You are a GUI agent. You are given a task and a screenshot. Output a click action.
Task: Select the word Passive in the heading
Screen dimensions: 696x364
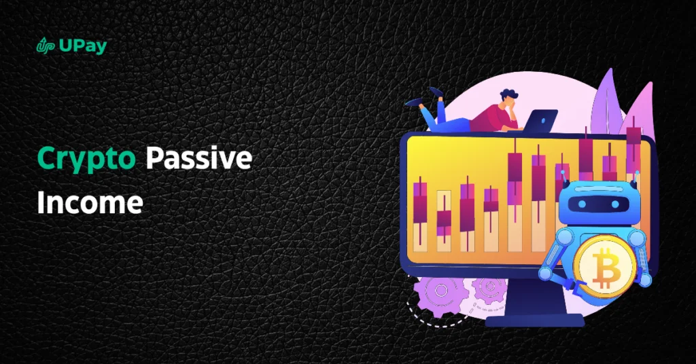click(199, 158)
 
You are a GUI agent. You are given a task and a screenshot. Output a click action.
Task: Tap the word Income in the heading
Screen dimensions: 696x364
click(90, 202)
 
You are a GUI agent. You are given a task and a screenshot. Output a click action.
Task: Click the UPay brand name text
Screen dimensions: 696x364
click(82, 46)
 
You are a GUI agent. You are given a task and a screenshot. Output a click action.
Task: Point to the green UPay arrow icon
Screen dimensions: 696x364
click(46, 45)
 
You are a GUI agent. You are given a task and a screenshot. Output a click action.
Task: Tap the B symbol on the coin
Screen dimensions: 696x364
click(604, 268)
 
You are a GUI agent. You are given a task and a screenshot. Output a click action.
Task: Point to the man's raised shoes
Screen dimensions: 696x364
click(424, 98)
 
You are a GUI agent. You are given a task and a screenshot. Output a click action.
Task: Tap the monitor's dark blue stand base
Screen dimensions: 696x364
click(534, 320)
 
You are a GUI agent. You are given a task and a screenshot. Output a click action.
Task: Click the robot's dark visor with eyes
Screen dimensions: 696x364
click(594, 204)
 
